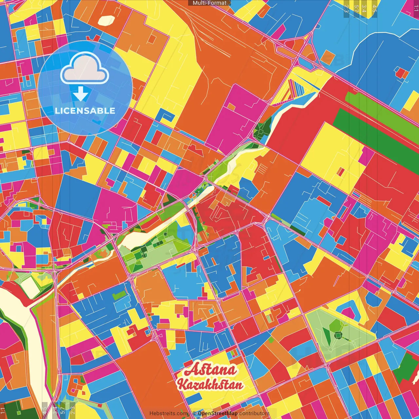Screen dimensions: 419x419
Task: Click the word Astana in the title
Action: click(210, 370)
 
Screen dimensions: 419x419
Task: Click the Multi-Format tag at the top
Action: click(209, 3)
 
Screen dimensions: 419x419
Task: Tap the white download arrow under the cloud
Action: click(81, 95)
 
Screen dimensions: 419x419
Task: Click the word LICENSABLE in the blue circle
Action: click(85, 111)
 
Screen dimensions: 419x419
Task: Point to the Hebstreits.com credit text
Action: click(169, 413)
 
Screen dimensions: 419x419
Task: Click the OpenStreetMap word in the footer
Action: click(217, 413)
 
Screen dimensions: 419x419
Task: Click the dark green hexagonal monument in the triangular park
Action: click(338, 335)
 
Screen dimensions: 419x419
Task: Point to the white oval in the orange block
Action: click(106, 21)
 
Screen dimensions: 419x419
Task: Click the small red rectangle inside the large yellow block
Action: click(341, 172)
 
